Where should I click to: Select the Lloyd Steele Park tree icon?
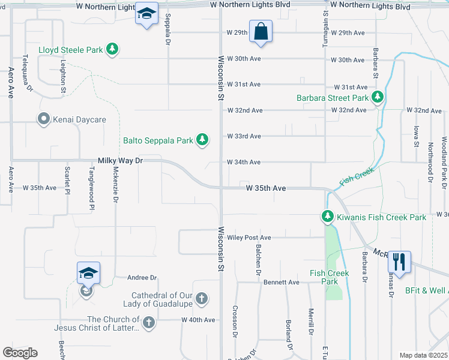[112, 49]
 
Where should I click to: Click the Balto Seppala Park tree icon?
[202, 140]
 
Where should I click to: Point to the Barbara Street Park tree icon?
[377, 97]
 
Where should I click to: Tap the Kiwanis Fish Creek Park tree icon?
[327, 217]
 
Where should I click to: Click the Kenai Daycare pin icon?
[43, 119]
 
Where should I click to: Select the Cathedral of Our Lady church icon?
[202, 298]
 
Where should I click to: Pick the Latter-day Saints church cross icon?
[148, 323]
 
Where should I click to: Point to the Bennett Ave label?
[281, 282]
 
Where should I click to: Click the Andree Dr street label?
[142, 278]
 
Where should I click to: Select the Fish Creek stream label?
[357, 176]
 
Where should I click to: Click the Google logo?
[20, 353]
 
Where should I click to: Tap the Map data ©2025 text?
[424, 355]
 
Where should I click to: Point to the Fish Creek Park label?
[329, 277]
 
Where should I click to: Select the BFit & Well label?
[426, 290]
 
